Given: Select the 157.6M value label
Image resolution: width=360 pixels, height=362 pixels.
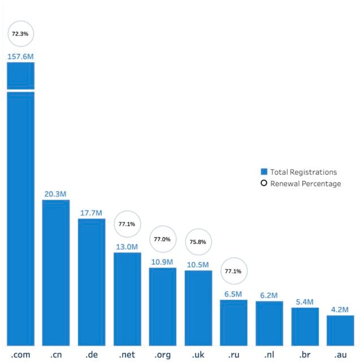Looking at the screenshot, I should coord(20,56).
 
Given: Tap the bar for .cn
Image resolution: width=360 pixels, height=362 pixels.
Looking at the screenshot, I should coord(56,271).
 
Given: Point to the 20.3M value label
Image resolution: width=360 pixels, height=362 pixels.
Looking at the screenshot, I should coord(56,194).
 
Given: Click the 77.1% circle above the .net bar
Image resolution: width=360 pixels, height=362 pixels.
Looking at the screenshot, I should coord(127,224).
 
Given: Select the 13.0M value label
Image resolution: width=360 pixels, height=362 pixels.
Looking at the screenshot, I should coord(127,247).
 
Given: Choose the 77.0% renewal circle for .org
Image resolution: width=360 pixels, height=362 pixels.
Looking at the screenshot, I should coord(162,239).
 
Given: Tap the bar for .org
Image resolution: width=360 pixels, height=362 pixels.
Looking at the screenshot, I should coord(162,305).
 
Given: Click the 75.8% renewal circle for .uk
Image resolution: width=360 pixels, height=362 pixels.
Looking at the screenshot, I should coord(198,242).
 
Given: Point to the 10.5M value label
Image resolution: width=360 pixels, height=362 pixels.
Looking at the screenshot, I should coord(198,264).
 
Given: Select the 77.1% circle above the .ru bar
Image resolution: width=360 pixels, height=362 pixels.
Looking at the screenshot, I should coord(233,271).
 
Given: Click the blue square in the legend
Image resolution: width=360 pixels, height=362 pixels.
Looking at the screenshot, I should coord(263,172).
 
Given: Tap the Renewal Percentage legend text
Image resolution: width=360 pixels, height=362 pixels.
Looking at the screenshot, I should coord(306,183).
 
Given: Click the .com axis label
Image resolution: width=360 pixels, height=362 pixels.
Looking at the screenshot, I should coord(20,355).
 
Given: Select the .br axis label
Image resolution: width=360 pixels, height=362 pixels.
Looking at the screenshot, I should coord(305,355).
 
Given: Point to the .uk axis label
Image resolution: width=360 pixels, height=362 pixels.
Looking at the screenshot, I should coord(198,355).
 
